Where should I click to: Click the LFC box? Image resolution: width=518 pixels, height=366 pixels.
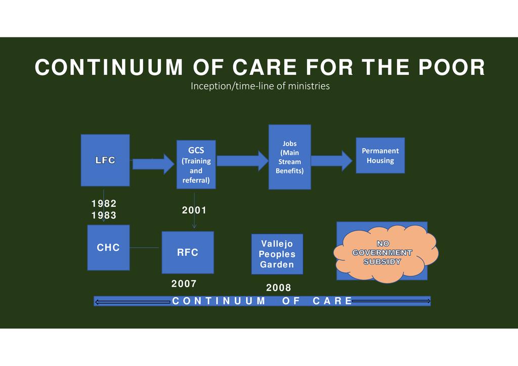[x=105, y=160]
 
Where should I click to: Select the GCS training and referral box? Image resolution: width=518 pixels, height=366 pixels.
[x=196, y=164]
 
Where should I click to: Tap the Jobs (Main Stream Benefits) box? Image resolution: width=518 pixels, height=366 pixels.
[x=289, y=157]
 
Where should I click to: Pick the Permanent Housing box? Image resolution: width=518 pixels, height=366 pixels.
[x=380, y=155]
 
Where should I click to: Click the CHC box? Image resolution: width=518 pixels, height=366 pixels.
[x=108, y=248]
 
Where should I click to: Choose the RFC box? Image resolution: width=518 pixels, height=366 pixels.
[x=188, y=252]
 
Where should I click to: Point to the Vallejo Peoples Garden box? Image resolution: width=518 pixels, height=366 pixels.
[x=277, y=254]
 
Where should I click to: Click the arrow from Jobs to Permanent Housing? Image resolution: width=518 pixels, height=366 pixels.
[x=331, y=161]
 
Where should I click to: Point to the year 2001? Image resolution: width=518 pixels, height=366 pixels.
[x=194, y=210]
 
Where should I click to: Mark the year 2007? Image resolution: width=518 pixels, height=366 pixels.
[x=184, y=284]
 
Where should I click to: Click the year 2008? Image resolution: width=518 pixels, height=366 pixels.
[x=279, y=288]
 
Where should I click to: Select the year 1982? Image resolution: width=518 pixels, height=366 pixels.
[x=104, y=203]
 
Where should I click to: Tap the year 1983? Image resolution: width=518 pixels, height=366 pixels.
[x=104, y=215]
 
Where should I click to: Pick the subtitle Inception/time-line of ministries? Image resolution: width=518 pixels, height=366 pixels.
[x=260, y=86]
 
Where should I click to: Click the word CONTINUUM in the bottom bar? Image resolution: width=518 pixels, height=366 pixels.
[x=219, y=301]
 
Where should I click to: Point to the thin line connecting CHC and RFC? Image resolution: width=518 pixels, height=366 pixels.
[x=145, y=248]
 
